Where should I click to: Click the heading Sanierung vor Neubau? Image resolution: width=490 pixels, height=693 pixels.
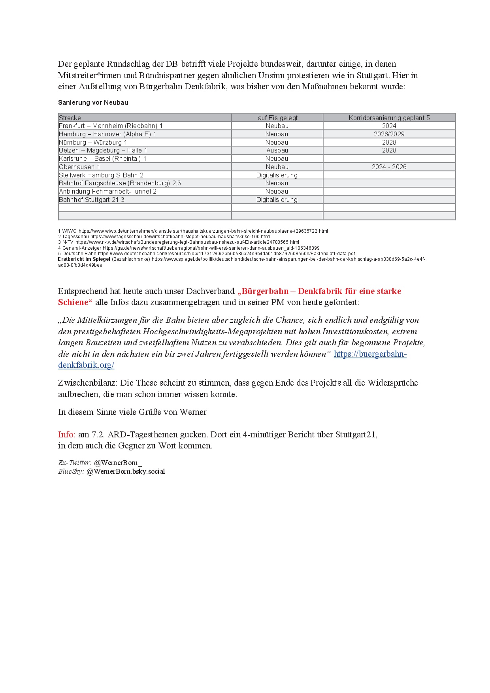93,103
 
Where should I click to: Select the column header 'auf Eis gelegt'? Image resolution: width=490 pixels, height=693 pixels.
277,118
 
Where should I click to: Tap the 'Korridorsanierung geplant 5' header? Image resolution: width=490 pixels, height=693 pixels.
389,118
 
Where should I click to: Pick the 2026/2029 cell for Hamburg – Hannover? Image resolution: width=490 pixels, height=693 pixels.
389,134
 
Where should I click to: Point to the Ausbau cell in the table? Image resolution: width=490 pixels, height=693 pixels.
277,151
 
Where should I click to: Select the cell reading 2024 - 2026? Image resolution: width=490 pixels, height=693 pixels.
389,167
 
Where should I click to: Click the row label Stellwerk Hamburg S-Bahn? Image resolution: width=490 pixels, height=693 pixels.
101,175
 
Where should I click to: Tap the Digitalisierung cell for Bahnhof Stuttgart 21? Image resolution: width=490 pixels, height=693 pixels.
277,200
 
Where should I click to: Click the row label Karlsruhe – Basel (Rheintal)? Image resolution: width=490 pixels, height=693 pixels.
102,159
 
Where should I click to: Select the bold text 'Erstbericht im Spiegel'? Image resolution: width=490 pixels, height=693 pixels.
84,259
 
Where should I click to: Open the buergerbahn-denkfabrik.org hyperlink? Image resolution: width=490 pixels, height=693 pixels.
370,354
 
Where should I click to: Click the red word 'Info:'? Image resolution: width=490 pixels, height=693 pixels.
66,435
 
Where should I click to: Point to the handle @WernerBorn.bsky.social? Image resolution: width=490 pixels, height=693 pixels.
126,471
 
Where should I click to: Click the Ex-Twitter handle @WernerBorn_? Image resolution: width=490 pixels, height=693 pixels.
118,463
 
